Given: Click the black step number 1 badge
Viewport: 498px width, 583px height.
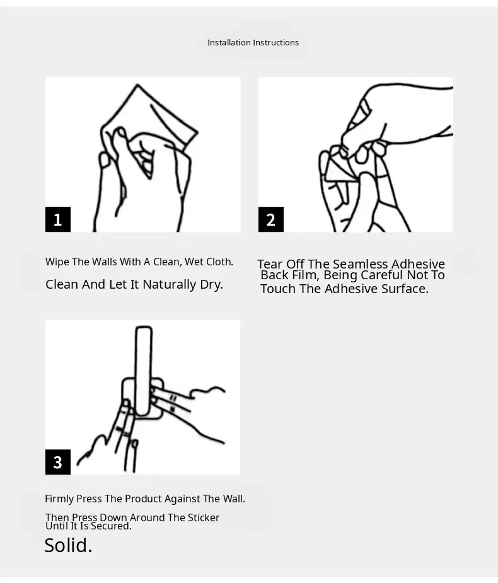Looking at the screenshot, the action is pos(57,219).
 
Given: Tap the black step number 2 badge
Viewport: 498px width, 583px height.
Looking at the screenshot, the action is pos(271,219).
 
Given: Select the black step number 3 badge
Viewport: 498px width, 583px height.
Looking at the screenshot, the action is pos(57,462).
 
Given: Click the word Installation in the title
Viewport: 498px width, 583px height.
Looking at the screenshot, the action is pos(229,43).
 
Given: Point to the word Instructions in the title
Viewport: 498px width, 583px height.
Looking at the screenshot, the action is pos(275,43).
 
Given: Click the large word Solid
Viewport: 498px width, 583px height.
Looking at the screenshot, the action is pos(68,545).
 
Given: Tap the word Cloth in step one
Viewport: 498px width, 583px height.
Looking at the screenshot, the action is pos(219,262).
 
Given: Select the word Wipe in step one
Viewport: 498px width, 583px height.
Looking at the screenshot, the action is pos(57,262).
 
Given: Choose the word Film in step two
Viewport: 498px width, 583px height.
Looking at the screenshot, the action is pos(303,275).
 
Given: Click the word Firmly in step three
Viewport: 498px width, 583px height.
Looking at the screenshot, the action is pos(59,499).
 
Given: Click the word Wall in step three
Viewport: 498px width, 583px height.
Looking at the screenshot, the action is pos(234,499).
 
